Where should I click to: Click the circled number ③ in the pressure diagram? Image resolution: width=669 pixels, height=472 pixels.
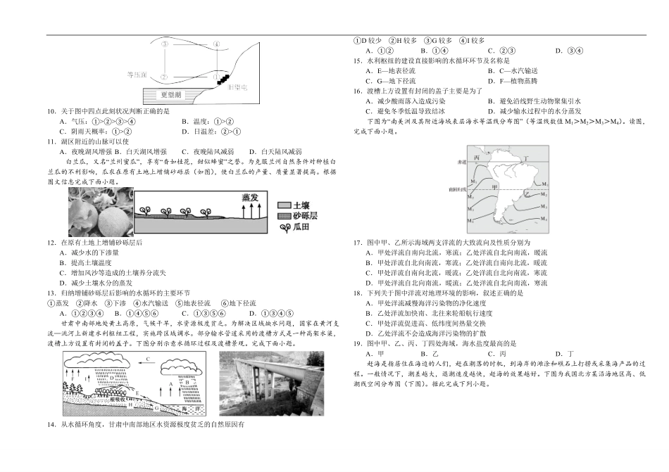pos(164,43)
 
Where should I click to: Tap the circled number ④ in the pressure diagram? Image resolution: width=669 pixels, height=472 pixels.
pos(216,44)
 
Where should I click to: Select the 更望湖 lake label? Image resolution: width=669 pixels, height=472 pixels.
pos(170,94)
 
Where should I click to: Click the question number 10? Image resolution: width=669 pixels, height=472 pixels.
pos(51,111)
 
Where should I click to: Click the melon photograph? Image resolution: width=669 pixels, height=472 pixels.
pos(101,212)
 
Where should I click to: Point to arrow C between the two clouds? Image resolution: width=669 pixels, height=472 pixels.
pos(148,359)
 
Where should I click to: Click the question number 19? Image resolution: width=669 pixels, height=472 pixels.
pos(358,343)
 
